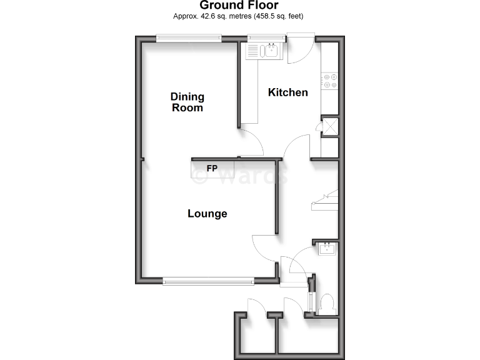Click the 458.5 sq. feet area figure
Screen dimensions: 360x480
coord(281,16)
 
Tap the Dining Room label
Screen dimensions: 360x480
coord(187,102)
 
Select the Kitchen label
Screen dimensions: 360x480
coord(287,92)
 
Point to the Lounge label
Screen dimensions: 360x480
coord(207,214)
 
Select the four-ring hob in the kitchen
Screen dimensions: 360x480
coord(329,81)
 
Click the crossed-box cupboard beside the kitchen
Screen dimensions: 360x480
coord(329,125)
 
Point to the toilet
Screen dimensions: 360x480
coord(326,304)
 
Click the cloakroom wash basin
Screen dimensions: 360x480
coord(327,249)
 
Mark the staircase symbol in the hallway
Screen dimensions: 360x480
coord(325,200)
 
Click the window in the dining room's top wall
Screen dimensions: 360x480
coord(189,38)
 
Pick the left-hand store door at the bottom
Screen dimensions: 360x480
coord(256,307)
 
